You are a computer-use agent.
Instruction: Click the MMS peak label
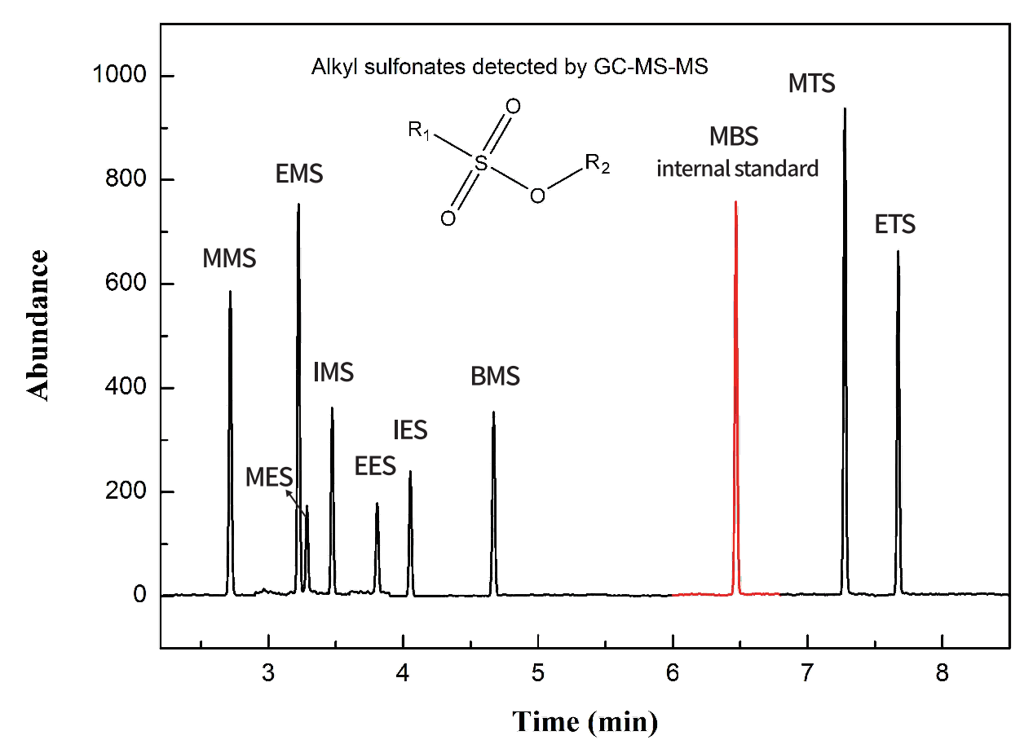229,259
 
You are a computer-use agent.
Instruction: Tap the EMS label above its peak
299,174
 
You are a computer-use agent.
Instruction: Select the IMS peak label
333,372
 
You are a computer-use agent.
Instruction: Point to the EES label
375,466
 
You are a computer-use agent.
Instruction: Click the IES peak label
410,429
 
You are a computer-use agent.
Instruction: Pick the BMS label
495,376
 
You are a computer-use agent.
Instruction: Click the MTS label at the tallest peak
812,83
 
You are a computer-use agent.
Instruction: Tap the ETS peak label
895,224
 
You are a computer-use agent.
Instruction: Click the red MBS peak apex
735,202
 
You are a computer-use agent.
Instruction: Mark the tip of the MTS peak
845,108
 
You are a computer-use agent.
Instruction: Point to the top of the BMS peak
493,412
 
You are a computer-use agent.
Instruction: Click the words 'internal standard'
737,170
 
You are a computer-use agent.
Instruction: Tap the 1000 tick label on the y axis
120,76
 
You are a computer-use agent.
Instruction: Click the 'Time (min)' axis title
585,721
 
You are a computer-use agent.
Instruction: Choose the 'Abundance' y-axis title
38,324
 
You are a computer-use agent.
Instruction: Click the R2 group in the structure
597,165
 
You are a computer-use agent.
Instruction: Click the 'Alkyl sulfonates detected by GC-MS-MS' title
510,67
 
